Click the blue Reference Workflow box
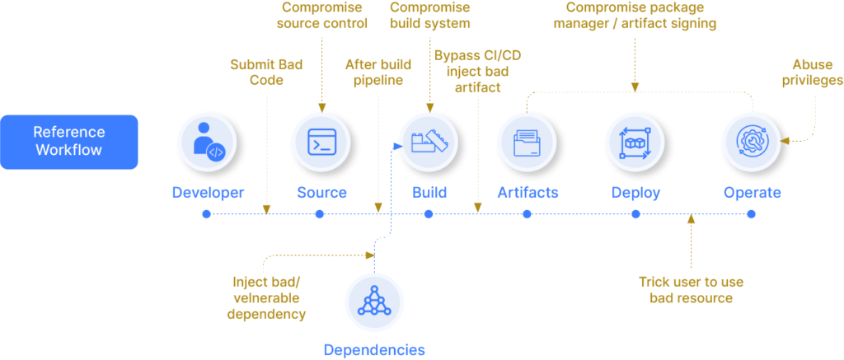click(x=69, y=142)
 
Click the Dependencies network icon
click(x=373, y=302)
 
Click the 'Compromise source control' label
click(x=323, y=16)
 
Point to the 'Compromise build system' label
click(x=429, y=16)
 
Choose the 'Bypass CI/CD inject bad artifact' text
click(x=476, y=71)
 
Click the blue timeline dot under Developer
click(x=206, y=214)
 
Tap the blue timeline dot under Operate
click(x=751, y=214)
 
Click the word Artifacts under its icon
click(x=527, y=193)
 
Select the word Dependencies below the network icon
click(x=374, y=349)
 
